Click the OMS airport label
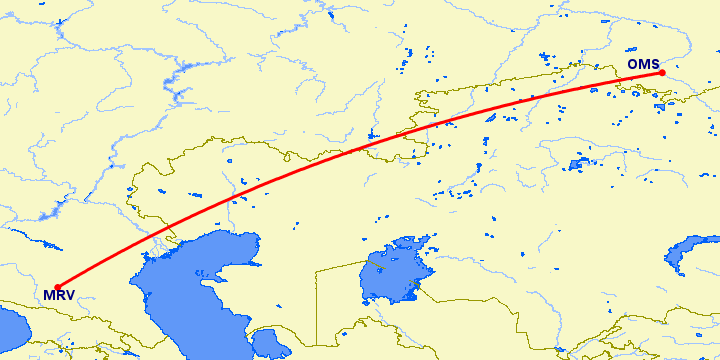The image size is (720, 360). (642, 65)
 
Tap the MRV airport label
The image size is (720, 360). (57, 295)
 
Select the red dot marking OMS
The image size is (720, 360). (662, 72)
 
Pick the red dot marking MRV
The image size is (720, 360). (58, 287)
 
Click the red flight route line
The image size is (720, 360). (360, 150)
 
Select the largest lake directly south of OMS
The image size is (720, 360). (580, 163)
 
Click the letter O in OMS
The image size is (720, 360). (633, 65)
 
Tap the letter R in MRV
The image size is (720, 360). (58, 295)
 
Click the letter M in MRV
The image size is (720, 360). (47, 295)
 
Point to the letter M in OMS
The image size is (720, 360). (643, 65)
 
